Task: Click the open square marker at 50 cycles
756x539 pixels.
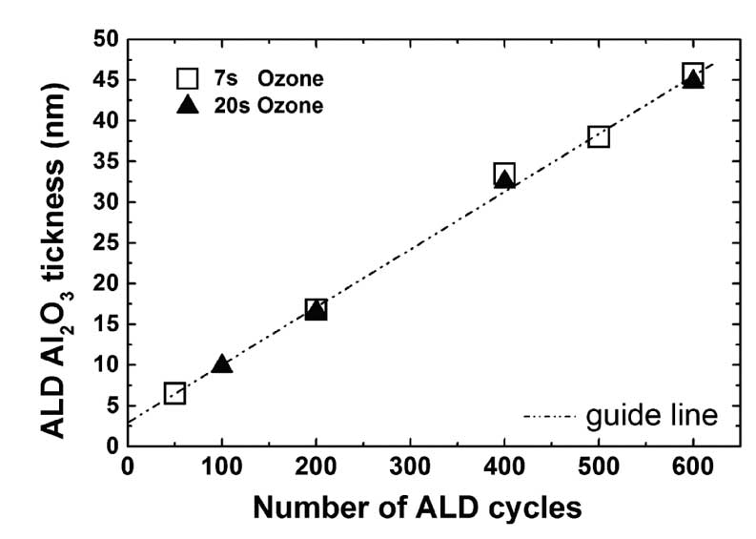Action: tap(174, 393)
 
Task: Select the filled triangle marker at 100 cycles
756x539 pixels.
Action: tap(222, 363)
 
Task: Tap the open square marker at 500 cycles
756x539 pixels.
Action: tap(599, 136)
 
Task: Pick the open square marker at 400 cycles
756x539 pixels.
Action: tap(504, 174)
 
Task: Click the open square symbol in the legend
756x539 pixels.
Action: tap(187, 78)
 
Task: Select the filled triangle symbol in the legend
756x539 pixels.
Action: tap(187, 105)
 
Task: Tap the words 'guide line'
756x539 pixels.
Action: tap(652, 416)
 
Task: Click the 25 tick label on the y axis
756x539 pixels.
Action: tap(105, 243)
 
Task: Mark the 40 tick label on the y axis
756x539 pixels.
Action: tap(105, 121)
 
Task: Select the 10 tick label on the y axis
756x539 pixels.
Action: tap(105, 364)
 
